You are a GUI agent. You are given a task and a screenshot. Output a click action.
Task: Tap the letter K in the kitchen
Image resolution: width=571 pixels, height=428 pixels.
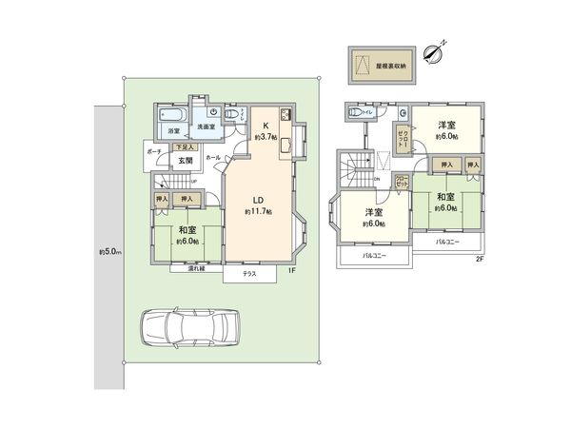coord(267,124)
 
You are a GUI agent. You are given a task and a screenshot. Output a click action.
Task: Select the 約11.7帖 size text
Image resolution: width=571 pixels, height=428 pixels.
coord(260,212)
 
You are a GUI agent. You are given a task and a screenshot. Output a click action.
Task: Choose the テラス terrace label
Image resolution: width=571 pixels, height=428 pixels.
coord(249,274)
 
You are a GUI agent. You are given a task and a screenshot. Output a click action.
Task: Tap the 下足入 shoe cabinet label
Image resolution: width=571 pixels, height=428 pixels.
coord(187,148)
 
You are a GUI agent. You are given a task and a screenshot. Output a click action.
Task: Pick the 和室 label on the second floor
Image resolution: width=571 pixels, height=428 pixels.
coord(447,197)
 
